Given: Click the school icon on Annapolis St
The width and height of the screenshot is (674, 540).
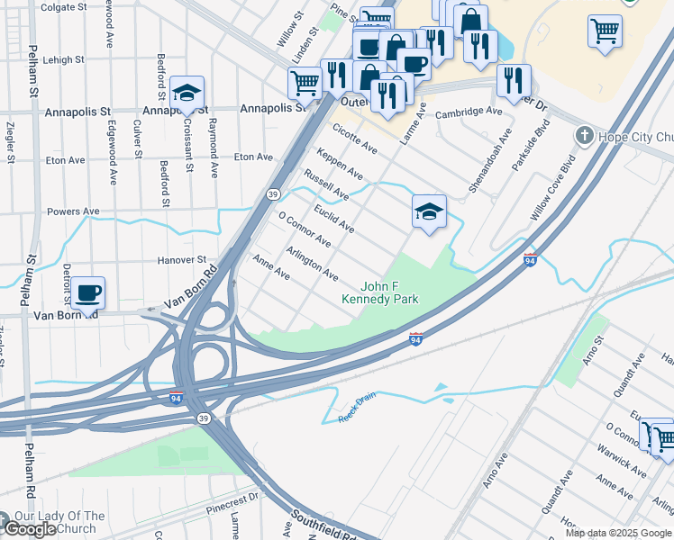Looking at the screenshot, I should click(187, 93).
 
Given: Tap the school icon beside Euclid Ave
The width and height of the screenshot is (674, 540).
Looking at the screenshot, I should click(430, 211).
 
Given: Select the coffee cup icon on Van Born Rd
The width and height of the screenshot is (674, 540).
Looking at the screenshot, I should click(88, 292).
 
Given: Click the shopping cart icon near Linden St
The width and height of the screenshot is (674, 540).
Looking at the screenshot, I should click(305, 83).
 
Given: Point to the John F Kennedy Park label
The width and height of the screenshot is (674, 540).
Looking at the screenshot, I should click(379, 292).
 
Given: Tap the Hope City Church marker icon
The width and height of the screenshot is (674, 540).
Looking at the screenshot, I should click(585, 136).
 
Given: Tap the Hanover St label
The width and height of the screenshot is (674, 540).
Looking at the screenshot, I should click(184, 259).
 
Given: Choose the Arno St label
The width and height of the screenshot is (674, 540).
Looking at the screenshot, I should click(594, 350).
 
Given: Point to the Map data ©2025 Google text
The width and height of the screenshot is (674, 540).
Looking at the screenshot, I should click(618, 533).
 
